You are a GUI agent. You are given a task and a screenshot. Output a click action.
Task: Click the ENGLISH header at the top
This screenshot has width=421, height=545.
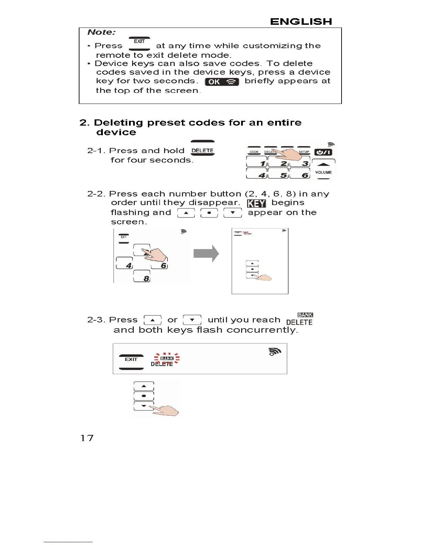[x=301, y=22]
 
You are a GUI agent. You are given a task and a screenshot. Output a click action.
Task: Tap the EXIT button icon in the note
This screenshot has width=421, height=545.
[x=139, y=43]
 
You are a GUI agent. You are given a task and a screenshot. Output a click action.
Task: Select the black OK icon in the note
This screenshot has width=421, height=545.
[x=222, y=82]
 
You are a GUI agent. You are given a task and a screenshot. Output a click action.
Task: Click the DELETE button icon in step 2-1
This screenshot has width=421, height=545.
[x=203, y=150]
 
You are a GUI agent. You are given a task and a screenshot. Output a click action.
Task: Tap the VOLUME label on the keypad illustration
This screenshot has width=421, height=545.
[x=323, y=172]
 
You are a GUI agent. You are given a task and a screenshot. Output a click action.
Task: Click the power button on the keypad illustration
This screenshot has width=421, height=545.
[x=323, y=152]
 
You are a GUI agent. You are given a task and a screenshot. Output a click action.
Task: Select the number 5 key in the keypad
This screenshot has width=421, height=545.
[x=279, y=174]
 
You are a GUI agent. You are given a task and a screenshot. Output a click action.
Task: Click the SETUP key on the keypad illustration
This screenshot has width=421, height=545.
[x=304, y=152]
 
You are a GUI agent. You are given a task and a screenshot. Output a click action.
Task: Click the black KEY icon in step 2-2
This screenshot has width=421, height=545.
[x=256, y=203]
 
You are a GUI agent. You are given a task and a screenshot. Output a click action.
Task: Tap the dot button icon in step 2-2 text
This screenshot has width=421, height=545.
[x=209, y=213]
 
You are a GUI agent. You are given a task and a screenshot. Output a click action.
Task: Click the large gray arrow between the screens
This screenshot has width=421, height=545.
[x=206, y=254]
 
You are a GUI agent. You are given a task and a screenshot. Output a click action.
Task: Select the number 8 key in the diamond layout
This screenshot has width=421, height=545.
[x=142, y=276]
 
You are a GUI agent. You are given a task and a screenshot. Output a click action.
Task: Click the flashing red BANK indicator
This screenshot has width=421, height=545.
[x=167, y=359]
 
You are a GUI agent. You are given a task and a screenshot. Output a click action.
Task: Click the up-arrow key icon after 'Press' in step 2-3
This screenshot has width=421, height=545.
[x=152, y=320]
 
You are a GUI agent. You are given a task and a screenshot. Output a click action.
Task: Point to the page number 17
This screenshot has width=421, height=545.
[x=87, y=438]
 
